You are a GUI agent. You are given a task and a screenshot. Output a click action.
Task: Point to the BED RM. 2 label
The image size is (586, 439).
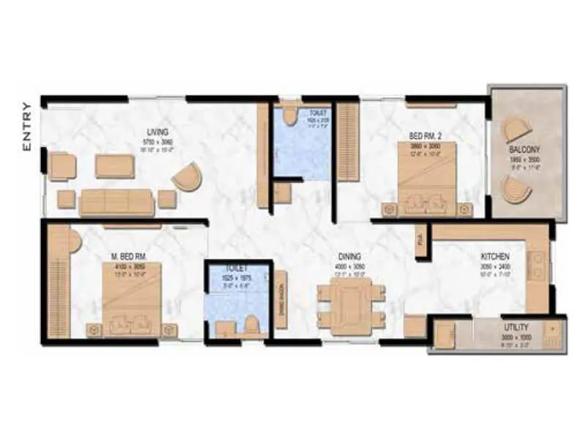(x=423, y=135)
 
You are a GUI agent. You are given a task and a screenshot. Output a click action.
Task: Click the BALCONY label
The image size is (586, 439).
(x=524, y=151)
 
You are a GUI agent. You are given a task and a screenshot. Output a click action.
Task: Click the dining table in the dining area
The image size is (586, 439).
(x=350, y=304)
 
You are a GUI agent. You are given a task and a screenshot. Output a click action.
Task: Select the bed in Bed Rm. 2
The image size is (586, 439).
(x=427, y=176)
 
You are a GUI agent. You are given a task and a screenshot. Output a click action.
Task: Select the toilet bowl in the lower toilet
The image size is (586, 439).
(x=252, y=324)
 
